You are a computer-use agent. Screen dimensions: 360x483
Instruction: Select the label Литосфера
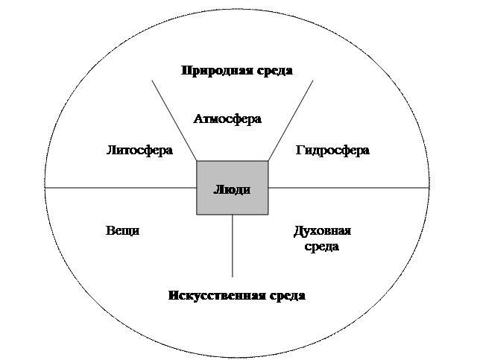(x=140, y=150)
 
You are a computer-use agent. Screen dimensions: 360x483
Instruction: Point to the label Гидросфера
(x=332, y=150)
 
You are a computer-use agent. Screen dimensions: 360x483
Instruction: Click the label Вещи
(x=123, y=231)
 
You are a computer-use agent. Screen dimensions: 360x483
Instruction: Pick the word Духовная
(x=322, y=231)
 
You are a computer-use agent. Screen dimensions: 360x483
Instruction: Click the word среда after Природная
(x=273, y=71)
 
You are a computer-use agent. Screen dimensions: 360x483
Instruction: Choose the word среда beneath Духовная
(x=322, y=246)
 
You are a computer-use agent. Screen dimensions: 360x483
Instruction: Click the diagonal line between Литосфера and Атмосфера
(x=174, y=120)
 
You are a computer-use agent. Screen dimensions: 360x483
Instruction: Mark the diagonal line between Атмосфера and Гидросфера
(x=291, y=120)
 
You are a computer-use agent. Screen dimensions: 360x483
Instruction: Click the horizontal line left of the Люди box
(x=119, y=189)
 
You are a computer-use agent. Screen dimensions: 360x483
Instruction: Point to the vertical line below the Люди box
(x=233, y=246)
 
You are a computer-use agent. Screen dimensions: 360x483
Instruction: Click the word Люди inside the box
(x=232, y=189)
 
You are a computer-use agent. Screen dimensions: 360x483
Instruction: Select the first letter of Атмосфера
(x=198, y=119)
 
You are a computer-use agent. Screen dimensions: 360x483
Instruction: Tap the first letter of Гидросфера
(x=299, y=150)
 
